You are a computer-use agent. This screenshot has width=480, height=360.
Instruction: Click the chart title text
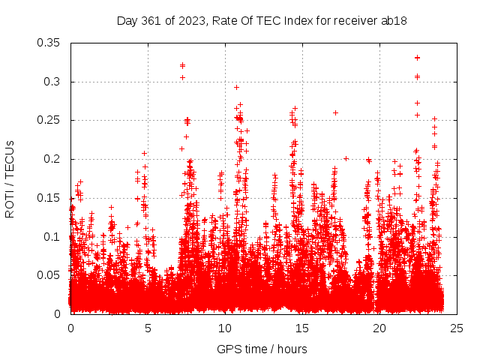pos(262,20)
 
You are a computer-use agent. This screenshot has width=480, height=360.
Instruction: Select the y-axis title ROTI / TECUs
pos(10,178)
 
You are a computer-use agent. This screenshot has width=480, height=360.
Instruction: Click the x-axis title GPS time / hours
pos(262,349)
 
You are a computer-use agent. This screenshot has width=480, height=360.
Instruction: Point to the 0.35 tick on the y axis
pos(49,43)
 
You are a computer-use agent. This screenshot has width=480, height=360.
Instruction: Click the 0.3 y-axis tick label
pos(52,81)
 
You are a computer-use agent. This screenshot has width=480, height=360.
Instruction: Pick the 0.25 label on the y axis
pos(49,120)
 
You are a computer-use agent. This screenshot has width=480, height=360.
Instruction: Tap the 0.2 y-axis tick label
pos(52,159)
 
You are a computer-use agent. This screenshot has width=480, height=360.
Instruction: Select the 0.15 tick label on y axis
pos(49,198)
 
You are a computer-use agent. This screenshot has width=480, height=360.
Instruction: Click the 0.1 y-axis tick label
pos(52,236)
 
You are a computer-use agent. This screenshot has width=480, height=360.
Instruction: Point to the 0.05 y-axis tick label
pos(49,275)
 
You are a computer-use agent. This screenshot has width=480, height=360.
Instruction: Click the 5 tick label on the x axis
pos(148,328)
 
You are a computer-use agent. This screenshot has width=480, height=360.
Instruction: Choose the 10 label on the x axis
pos(225,328)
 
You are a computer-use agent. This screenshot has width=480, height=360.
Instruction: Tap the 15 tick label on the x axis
pos(302,328)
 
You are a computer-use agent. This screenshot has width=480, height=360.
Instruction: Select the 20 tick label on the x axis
pos(379,328)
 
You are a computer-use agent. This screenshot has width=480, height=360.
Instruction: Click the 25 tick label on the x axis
pos(457,328)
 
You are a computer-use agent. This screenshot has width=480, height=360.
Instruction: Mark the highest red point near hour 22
pos(417,58)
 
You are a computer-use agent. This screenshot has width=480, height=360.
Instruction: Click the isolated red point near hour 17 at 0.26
pos(335,112)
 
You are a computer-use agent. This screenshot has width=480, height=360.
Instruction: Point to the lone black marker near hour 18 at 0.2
pos(346,158)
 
